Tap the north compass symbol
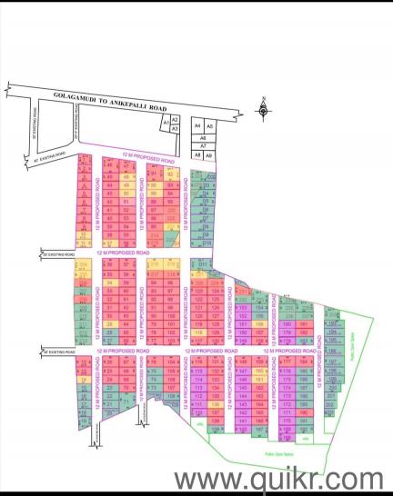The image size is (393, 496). [x=262, y=112]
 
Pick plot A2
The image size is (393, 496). [x=175, y=120]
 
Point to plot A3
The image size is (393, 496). [x=175, y=129]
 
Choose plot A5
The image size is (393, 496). [x=209, y=126]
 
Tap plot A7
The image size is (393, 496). [x=203, y=145]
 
